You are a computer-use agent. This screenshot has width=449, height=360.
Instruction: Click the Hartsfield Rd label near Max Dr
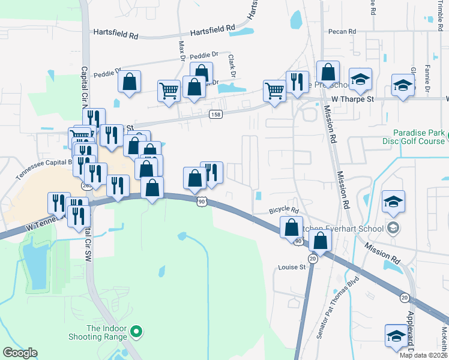[213, 33]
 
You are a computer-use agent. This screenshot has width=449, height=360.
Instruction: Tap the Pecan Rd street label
[342, 31]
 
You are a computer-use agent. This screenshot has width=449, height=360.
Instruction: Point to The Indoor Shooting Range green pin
[136, 331]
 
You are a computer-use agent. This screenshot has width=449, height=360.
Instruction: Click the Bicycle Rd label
[284, 211]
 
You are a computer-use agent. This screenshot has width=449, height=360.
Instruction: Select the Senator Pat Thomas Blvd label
[337, 305]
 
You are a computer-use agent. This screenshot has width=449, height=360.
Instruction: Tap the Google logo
[20, 353]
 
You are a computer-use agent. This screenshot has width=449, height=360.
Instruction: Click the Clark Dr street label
[231, 65]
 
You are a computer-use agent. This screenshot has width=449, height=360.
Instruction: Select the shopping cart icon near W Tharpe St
[274, 91]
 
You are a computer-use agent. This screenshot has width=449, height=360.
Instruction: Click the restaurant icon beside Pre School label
[297, 82]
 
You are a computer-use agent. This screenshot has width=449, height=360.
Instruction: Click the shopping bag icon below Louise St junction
[321, 241]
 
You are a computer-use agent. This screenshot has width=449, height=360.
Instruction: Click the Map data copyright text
[423, 355]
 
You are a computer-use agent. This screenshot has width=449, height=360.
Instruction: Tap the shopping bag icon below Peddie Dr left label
[129, 82]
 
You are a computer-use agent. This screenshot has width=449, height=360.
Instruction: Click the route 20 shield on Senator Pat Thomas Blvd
[313, 258]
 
